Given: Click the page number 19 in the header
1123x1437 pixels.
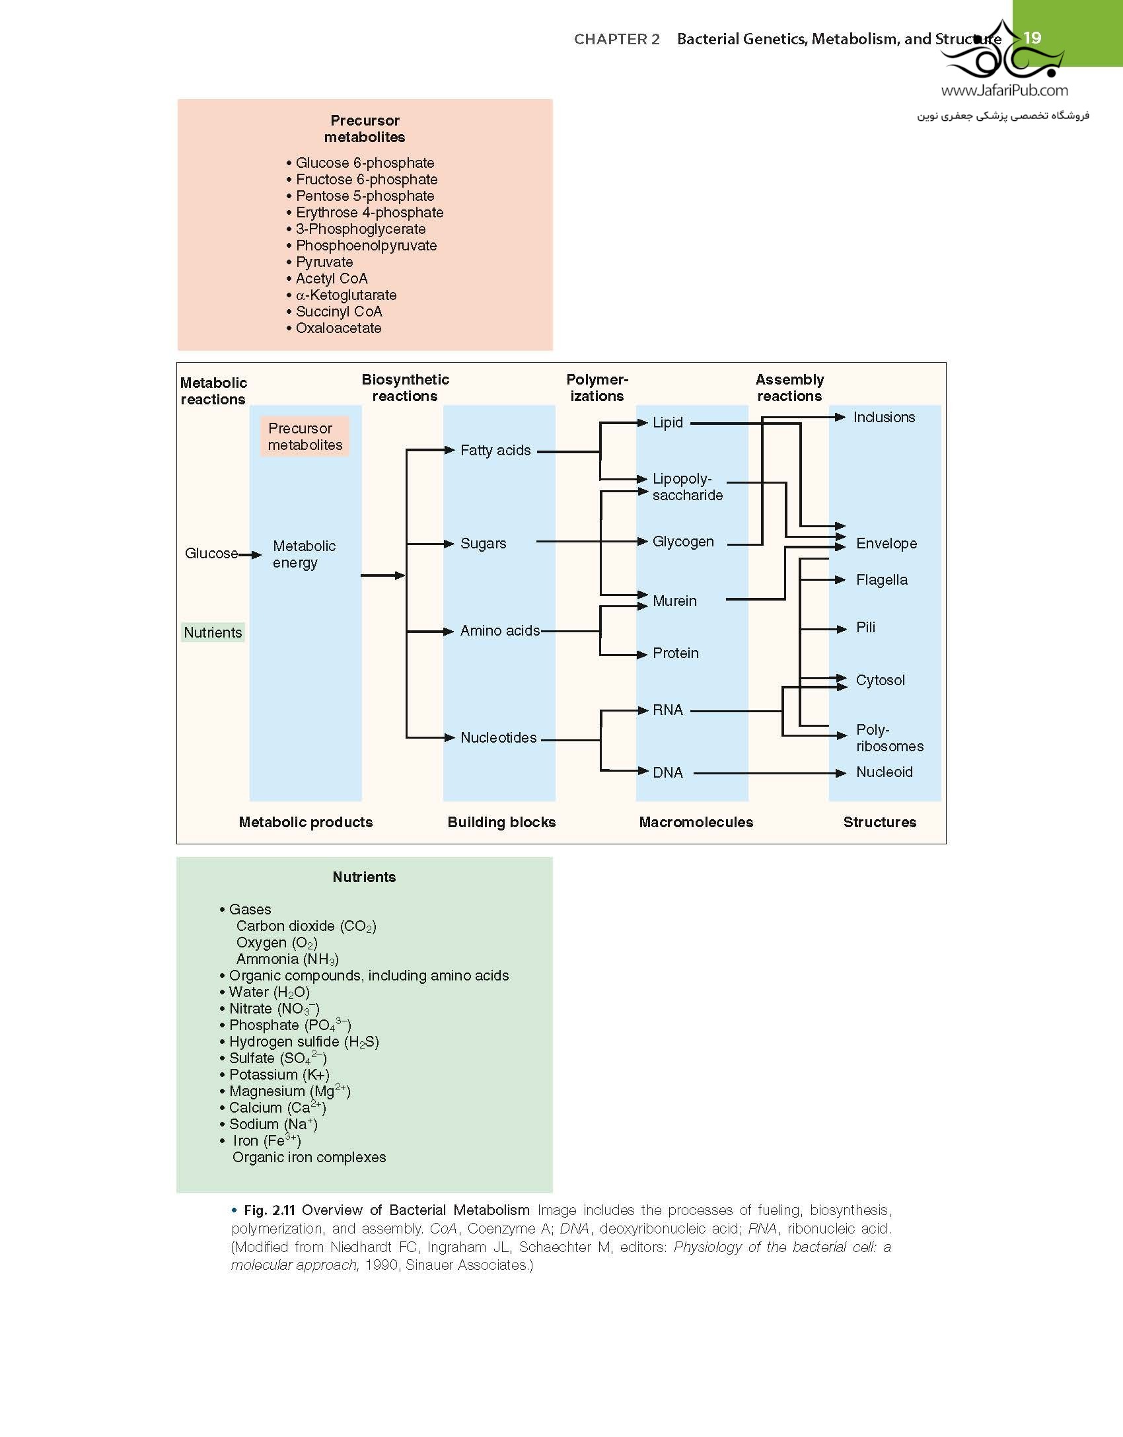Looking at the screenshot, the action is tap(1032, 38).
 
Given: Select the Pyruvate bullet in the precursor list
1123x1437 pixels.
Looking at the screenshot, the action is tap(320, 262).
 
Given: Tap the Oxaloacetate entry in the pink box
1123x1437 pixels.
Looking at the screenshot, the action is tap(334, 328).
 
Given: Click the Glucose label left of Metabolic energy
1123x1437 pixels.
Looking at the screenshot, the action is tap(211, 554).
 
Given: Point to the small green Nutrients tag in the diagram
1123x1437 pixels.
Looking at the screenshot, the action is tap(213, 632).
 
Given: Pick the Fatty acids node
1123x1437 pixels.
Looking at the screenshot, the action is tap(495, 451).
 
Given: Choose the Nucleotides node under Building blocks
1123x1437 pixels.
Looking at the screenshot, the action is tap(499, 738).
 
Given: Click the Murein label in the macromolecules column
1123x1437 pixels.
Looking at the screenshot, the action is tap(674, 601).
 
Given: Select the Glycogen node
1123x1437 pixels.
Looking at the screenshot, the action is tap(683, 542).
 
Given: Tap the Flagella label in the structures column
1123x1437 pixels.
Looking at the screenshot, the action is tap(882, 580).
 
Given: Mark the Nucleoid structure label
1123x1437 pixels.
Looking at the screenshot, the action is tap(885, 772).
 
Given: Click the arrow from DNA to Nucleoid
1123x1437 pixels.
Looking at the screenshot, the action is tap(770, 773).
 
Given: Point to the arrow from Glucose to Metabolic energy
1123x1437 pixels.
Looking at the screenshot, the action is tap(250, 555).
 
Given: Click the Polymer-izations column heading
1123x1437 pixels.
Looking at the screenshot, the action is tap(597, 388).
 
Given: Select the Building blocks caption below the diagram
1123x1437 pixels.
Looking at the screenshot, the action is tap(501, 823).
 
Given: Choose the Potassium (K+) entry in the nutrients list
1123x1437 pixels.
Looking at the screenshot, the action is tap(274, 1075).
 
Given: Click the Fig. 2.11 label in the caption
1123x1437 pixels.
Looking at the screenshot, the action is tap(269, 1210).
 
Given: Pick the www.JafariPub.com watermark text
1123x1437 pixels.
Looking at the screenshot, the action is tap(1004, 91).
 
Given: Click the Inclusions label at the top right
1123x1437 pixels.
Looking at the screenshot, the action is tap(884, 418).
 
